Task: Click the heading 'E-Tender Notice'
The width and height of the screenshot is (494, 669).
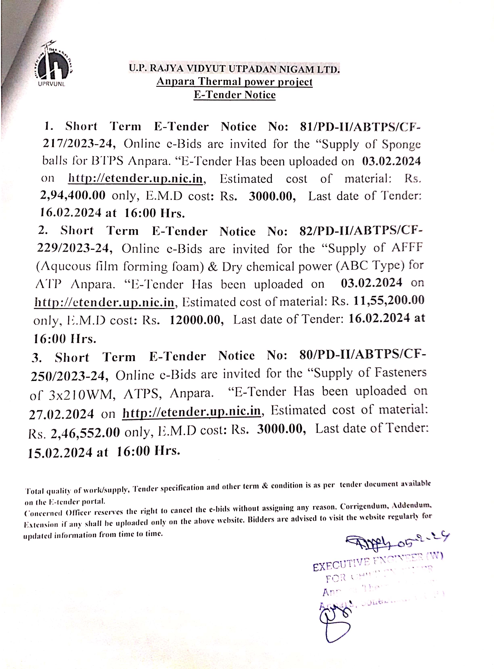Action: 234,95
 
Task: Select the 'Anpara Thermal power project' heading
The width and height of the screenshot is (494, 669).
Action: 234,82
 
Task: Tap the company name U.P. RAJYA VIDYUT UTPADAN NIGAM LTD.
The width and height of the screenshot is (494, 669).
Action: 234,69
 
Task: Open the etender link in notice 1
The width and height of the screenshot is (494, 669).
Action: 135,179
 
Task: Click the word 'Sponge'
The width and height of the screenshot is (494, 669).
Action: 401,145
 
